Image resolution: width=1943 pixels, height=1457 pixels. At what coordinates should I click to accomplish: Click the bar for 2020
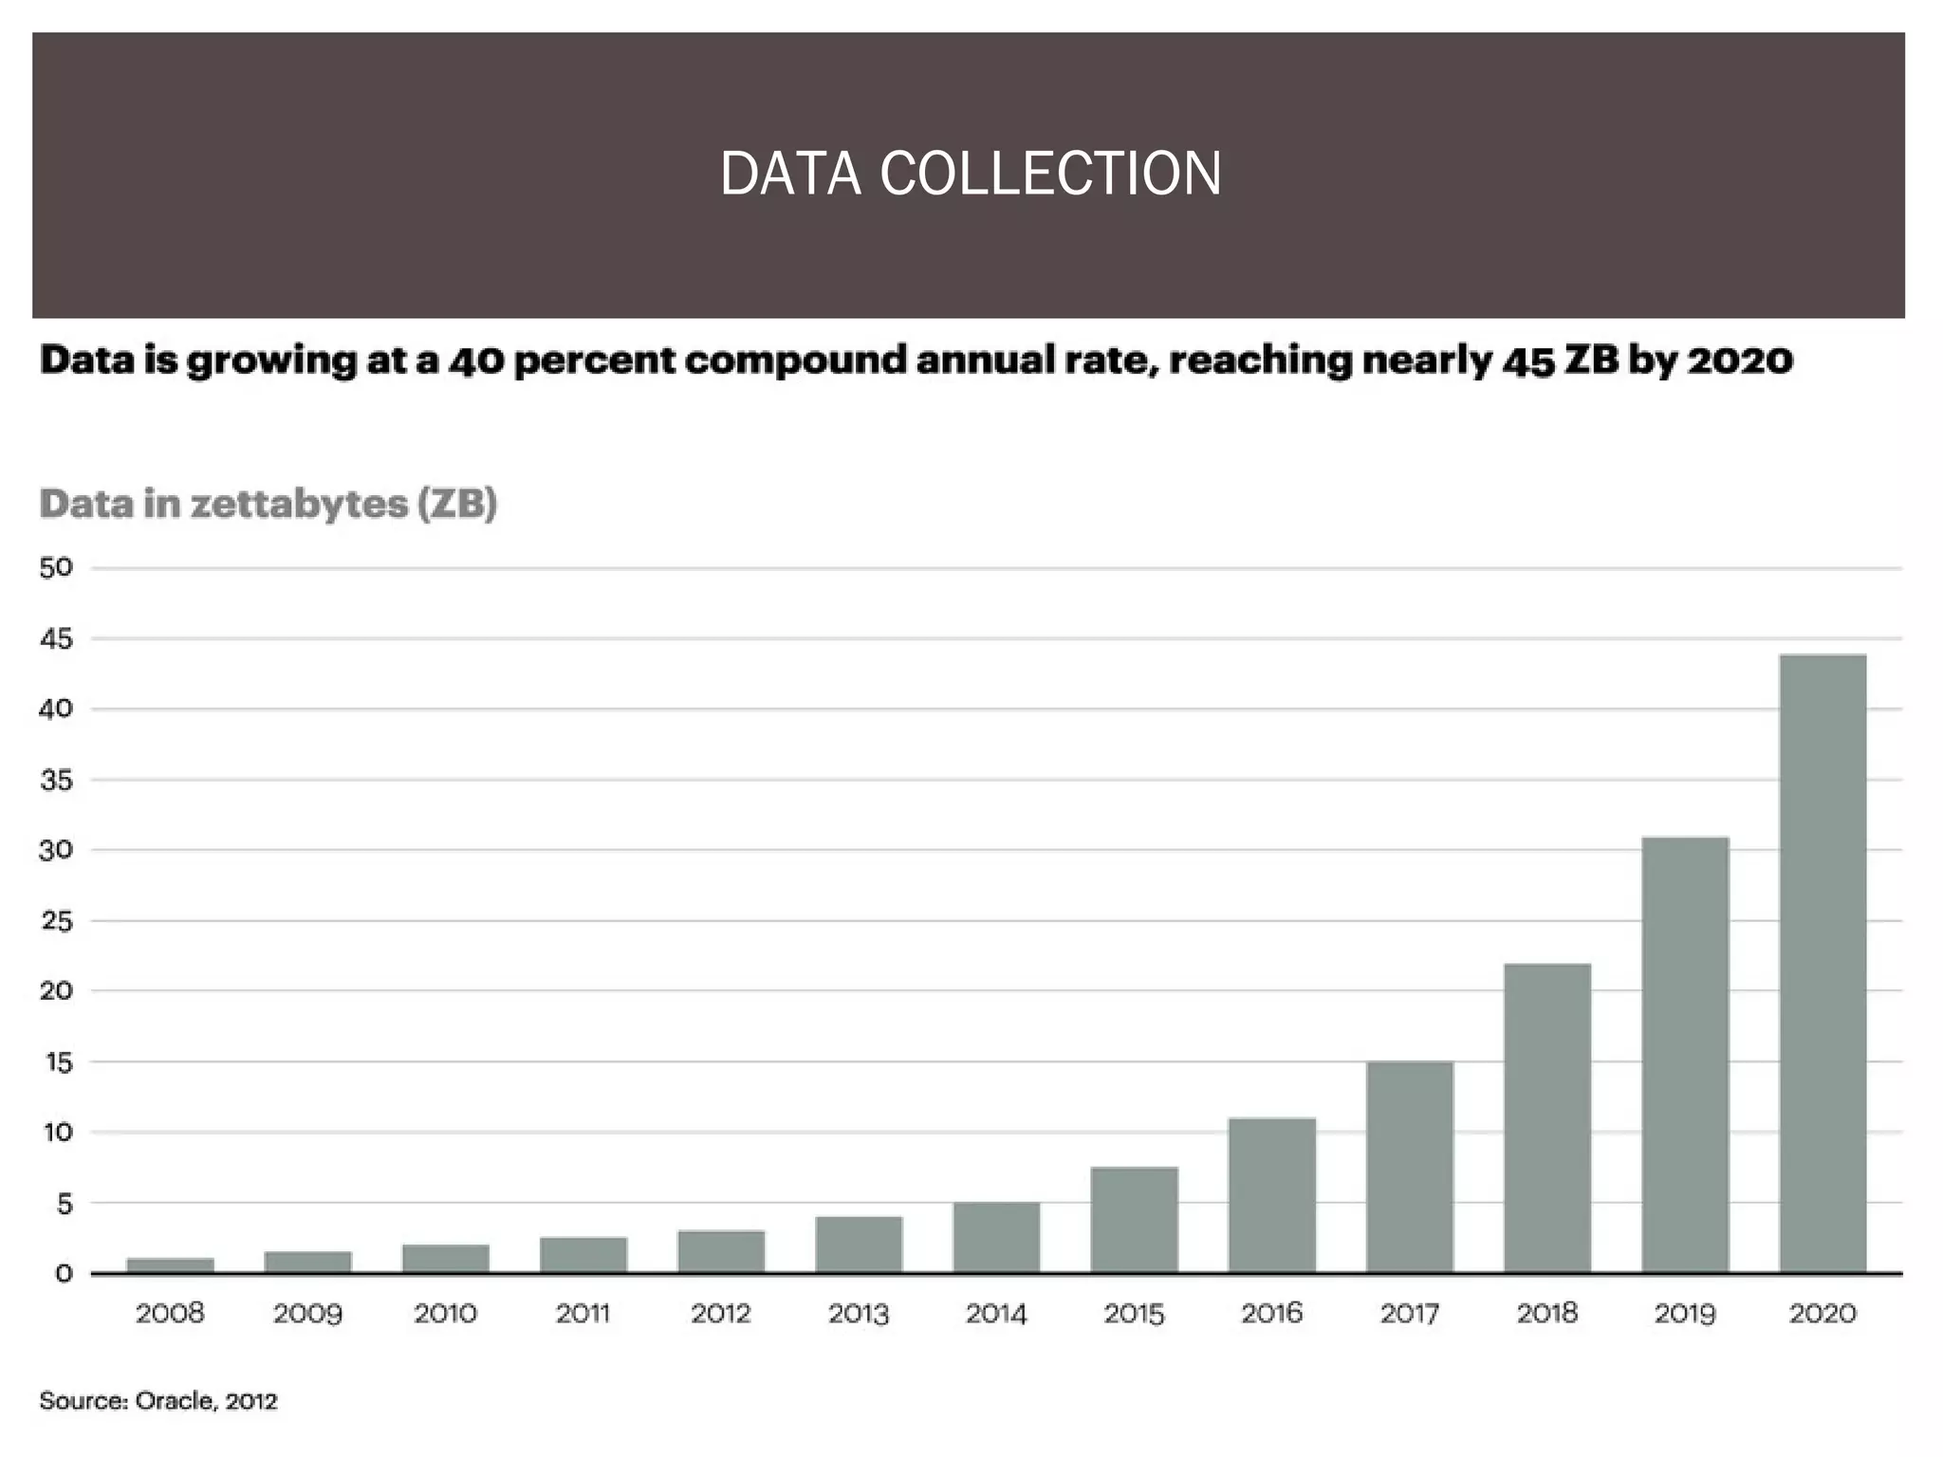[1823, 963]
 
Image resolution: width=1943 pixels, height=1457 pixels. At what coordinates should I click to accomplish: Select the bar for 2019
[1685, 1054]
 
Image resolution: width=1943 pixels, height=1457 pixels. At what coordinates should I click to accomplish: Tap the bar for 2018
[1547, 1117]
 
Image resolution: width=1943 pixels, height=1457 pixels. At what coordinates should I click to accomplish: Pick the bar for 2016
[1272, 1195]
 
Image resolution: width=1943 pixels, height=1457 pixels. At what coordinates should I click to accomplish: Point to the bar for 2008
[171, 1264]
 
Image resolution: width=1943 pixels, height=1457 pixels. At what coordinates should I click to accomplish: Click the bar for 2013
[859, 1244]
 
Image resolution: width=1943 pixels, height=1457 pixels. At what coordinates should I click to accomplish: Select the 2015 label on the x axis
[1134, 1314]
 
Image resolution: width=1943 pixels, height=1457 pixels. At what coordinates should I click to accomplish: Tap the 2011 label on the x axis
[583, 1314]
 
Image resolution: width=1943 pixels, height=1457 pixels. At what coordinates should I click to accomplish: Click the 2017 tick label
[1410, 1314]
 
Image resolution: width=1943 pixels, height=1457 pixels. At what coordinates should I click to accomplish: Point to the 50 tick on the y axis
[56, 568]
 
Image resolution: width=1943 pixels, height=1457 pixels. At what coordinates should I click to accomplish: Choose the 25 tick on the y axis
[56, 921]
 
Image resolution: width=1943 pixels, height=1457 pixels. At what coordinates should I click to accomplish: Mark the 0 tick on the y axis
[64, 1274]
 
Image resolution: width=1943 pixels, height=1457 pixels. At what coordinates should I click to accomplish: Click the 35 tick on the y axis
[56, 781]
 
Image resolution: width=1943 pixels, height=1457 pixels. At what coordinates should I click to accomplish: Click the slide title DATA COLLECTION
[971, 174]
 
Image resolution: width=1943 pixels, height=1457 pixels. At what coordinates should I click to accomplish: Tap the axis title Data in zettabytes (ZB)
[268, 504]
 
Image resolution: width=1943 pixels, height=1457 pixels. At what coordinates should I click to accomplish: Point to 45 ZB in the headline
[1562, 360]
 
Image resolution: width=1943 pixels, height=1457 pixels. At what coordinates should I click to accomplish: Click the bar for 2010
[446, 1258]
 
